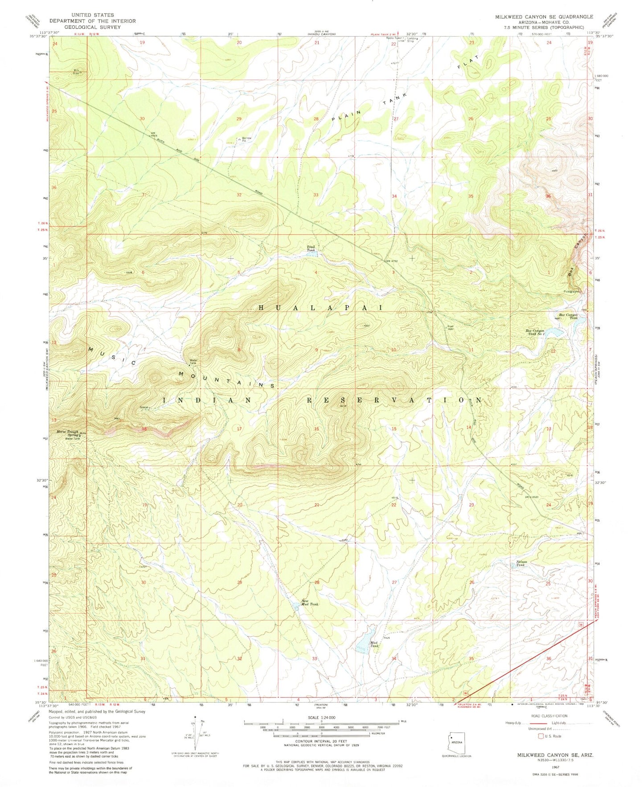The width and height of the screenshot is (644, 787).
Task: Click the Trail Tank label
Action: pyautogui.click(x=311, y=249)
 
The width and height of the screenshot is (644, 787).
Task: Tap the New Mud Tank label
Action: pyautogui.click(x=309, y=602)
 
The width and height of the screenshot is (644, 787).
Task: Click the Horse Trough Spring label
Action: pyautogui.click(x=67, y=433)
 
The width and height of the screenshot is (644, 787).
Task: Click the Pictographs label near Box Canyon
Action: pyautogui.click(x=572, y=292)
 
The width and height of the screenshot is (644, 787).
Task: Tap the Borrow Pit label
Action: pyautogui.click(x=246, y=139)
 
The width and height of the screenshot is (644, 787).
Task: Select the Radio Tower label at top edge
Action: pyautogui.click(x=394, y=38)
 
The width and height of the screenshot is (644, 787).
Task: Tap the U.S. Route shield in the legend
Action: pyautogui.click(x=542, y=736)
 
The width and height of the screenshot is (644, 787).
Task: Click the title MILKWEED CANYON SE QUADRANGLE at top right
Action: pyautogui.click(x=544, y=16)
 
